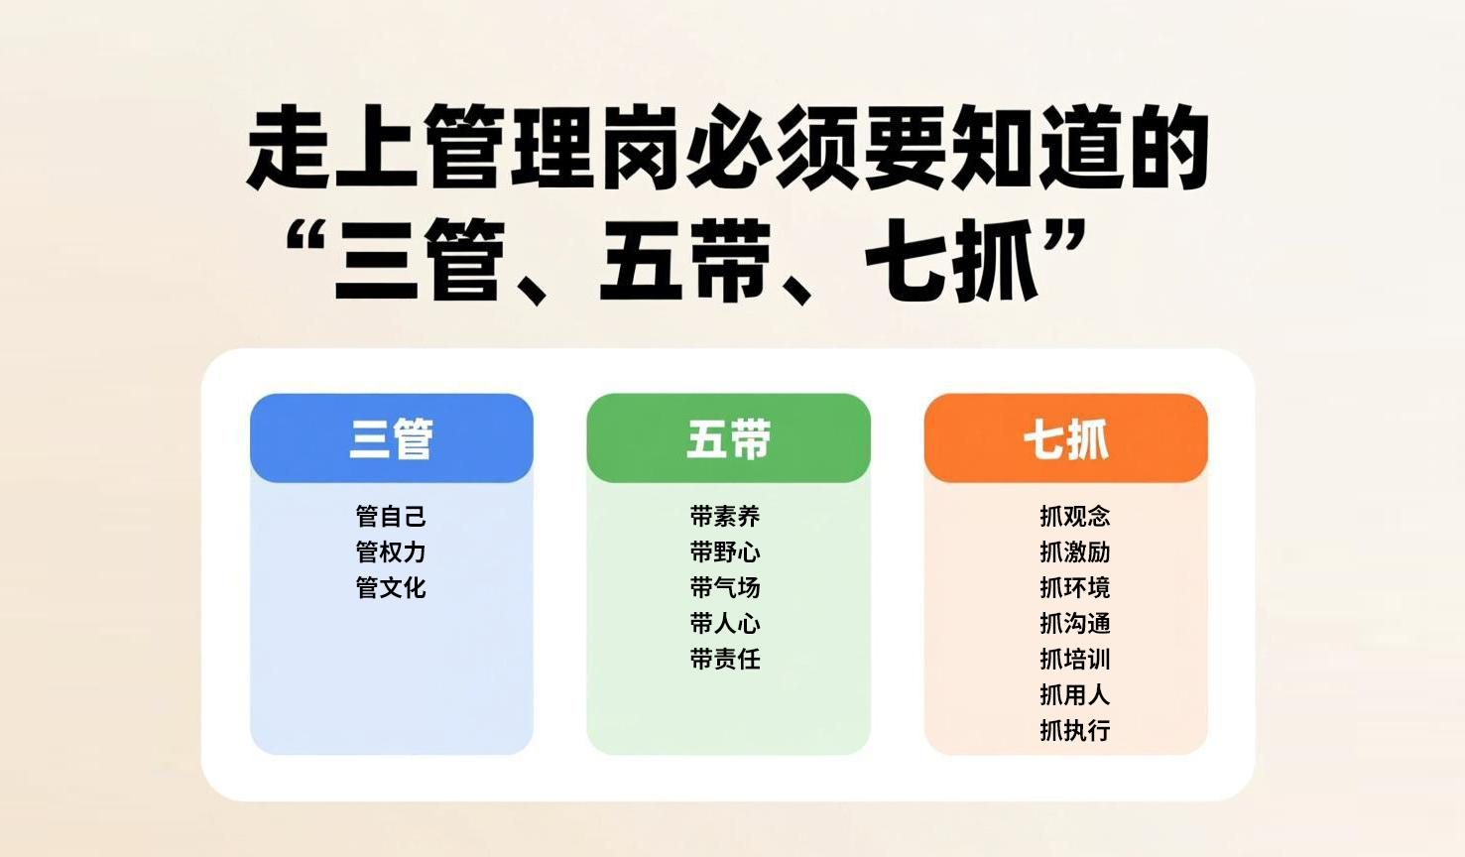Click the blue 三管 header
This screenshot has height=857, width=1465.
point(391,438)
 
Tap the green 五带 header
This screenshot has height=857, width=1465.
point(728,438)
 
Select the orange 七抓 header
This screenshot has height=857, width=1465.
point(1065,438)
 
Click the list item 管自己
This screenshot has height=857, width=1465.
point(391,516)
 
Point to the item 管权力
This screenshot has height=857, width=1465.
point(391,551)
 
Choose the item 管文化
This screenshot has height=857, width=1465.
point(391,587)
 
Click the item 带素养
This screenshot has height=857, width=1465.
point(725,516)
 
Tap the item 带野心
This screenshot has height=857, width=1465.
point(725,551)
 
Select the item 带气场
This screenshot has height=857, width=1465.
point(725,587)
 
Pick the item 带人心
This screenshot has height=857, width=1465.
point(725,623)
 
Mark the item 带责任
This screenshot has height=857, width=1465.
point(725,659)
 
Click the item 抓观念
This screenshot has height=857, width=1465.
point(1074,516)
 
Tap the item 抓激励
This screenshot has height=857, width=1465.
point(1074,551)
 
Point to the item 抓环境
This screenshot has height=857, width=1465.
point(1074,587)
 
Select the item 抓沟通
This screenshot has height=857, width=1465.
point(1074,623)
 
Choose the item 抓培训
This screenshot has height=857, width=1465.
point(1074,659)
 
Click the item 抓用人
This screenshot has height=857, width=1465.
point(1074,694)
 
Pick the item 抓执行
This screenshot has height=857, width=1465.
point(1074,730)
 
